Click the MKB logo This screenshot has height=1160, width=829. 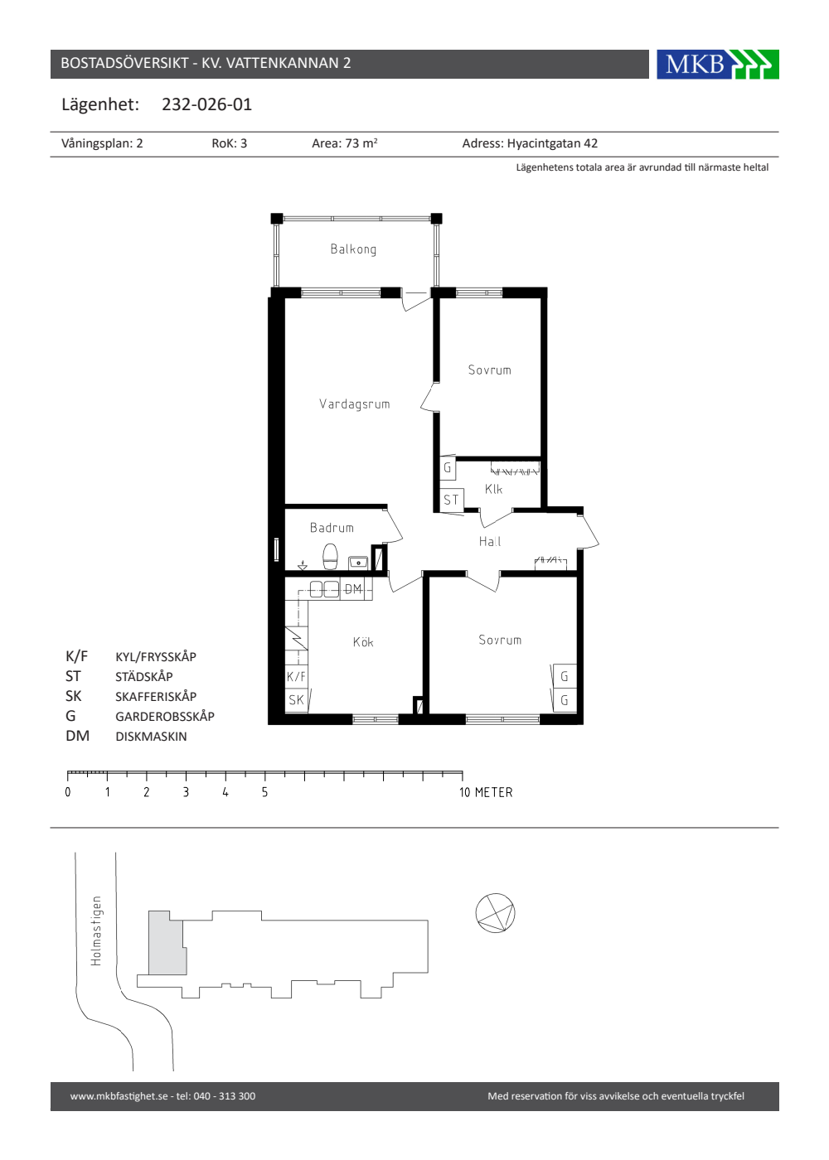tap(718, 65)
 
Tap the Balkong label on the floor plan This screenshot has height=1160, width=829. tap(353, 249)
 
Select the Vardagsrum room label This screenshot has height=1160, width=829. tap(355, 404)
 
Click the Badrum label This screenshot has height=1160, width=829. tap(332, 528)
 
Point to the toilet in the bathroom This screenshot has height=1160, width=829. tap(330, 557)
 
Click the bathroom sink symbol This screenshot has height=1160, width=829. tap(358, 562)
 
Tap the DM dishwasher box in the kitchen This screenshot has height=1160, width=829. tap(353, 589)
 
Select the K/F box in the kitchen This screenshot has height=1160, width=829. tap(296, 676)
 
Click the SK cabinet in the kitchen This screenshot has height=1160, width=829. tap(297, 700)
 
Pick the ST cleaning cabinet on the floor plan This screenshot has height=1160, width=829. tap(451, 500)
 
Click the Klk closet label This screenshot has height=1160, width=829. tap(493, 489)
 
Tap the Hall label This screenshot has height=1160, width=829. tap(490, 542)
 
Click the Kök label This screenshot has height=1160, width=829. tap(363, 642)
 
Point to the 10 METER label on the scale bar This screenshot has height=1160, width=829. tap(486, 792)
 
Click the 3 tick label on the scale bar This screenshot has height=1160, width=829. tap(186, 792)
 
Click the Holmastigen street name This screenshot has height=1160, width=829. tap(96, 931)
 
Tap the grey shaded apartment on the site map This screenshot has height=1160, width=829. tap(167, 944)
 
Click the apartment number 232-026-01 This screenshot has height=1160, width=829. tap(206, 104)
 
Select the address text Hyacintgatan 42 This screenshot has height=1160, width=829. tap(552, 143)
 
